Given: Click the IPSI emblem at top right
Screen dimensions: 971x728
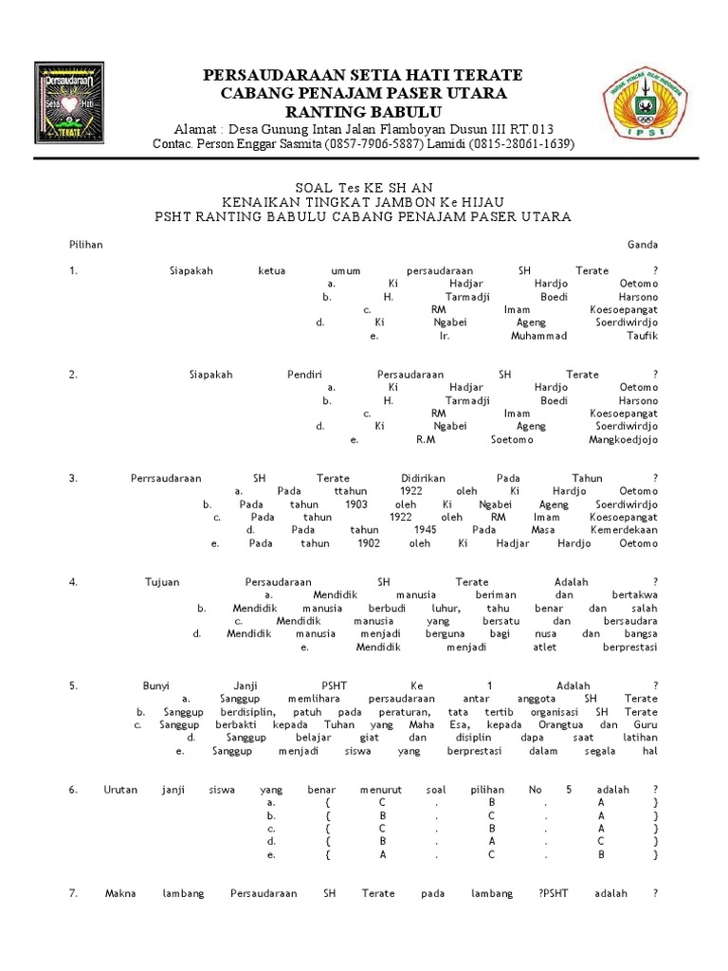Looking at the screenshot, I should tap(648, 108).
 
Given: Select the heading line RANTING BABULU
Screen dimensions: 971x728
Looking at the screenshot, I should tap(364, 111).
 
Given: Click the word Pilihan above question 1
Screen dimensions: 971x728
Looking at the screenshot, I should tap(85, 245).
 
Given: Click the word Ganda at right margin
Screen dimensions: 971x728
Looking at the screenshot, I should tap(642, 245).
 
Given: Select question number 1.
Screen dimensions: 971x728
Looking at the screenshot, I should tap(73, 270).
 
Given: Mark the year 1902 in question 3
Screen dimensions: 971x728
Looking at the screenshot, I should tap(369, 543).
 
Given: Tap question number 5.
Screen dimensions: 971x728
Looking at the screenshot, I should tap(73, 685).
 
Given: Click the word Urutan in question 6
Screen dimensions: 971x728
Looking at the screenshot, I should tap(119, 789).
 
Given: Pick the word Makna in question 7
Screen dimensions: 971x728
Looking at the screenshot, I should tap(120, 893).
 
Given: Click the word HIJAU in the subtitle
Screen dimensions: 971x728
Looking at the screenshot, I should tap(486, 202).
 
